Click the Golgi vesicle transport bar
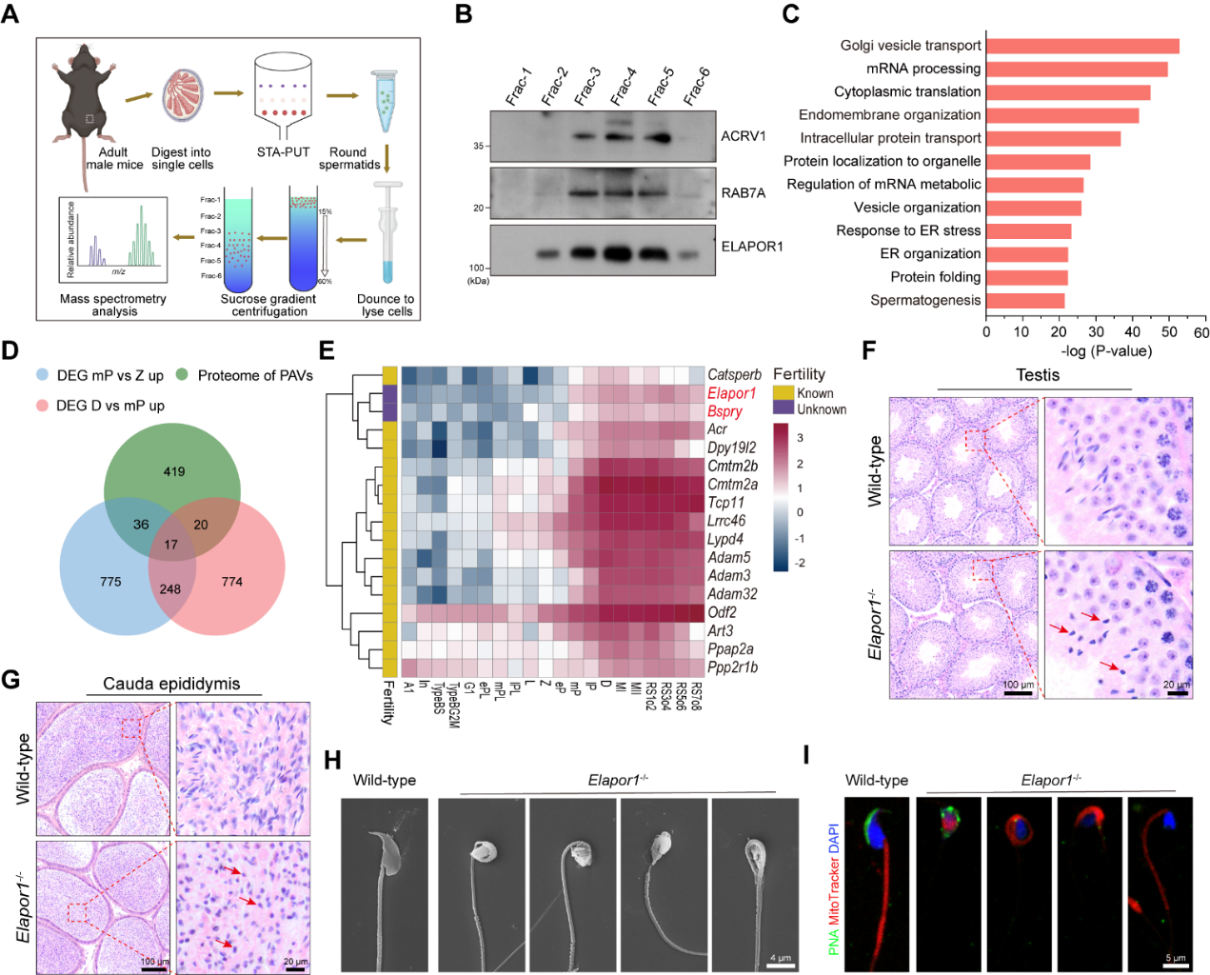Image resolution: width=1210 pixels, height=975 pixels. (x=1082, y=46)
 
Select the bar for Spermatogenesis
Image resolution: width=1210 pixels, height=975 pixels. (x=1025, y=301)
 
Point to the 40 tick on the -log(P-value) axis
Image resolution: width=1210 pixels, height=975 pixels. (x=1132, y=331)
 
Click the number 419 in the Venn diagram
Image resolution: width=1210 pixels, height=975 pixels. (x=173, y=471)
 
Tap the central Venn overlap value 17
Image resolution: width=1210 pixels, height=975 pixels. (x=171, y=546)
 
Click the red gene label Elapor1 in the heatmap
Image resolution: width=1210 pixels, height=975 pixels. (x=731, y=393)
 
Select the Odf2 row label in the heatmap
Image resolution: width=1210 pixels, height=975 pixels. (x=722, y=612)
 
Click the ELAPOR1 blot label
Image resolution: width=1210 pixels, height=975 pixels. (x=752, y=247)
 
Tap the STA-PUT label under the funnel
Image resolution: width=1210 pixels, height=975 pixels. (x=283, y=152)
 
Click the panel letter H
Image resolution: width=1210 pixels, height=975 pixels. (x=332, y=760)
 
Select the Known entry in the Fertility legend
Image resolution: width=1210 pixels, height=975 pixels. (x=815, y=393)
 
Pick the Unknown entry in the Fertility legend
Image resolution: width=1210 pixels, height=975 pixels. (x=821, y=409)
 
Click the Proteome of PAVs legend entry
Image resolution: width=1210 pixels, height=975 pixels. (x=254, y=375)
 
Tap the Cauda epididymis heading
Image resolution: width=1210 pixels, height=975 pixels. (x=171, y=684)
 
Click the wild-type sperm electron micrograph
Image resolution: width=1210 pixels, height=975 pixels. (x=385, y=883)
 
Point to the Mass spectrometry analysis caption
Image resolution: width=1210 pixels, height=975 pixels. (x=113, y=305)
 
